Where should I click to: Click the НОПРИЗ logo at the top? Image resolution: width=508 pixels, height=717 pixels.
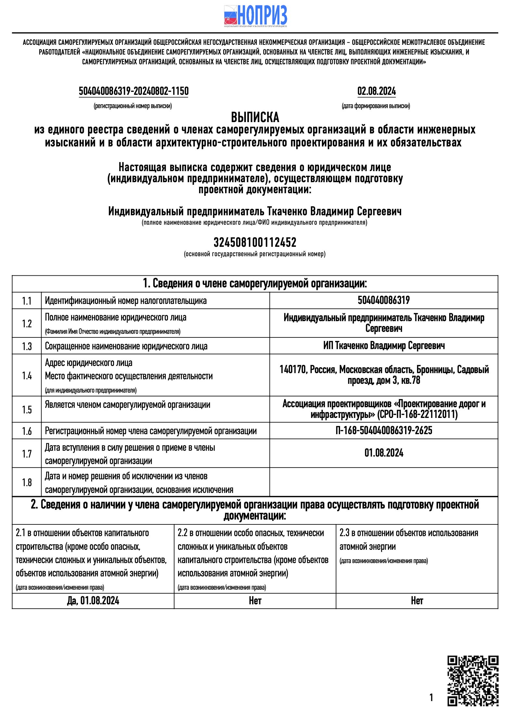(255, 15)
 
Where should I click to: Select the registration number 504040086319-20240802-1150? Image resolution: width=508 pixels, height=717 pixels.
(133, 91)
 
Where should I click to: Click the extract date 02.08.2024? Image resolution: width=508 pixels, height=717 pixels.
(376, 91)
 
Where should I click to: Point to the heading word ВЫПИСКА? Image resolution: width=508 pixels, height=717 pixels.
(255, 117)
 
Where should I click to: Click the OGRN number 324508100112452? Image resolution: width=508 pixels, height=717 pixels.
(255, 242)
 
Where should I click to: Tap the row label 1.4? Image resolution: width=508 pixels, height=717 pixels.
(27, 376)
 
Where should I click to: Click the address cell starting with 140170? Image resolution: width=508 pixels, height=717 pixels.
(384, 375)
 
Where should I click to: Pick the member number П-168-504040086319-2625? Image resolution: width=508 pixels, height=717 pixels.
(384, 431)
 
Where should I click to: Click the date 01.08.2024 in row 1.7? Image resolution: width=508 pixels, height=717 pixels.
(384, 453)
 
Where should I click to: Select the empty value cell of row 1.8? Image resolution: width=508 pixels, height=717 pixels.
(384, 482)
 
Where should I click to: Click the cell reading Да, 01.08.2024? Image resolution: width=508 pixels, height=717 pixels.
(93, 601)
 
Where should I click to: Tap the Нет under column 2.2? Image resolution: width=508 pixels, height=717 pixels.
(255, 601)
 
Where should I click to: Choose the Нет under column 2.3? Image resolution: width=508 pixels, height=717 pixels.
(417, 601)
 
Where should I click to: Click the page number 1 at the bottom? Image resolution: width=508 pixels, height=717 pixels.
(431, 698)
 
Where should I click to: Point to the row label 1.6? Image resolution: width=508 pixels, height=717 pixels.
(27, 431)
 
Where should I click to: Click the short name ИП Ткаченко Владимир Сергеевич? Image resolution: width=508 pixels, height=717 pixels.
(384, 346)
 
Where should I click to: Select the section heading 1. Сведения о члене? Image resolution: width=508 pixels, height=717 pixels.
(255, 284)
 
